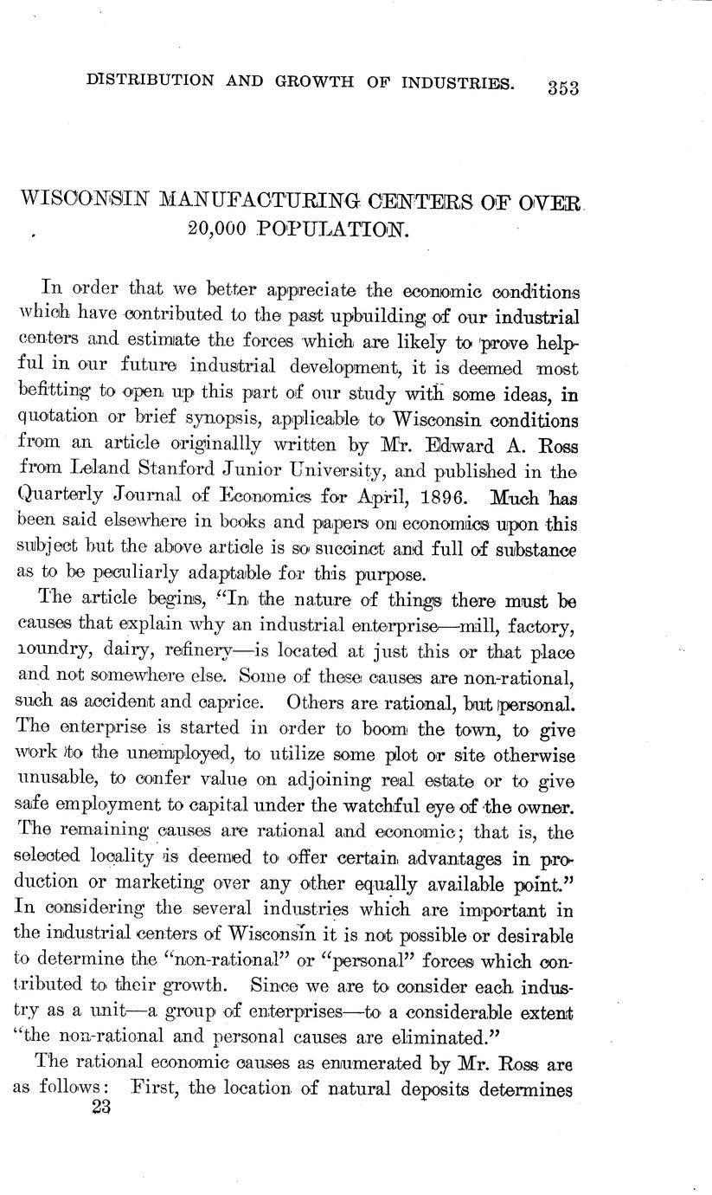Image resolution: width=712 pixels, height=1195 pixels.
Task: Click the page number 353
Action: pos(561,87)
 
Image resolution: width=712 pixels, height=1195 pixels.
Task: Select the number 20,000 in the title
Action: pos(217,229)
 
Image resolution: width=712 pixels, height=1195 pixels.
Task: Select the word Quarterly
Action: pos(57,500)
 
